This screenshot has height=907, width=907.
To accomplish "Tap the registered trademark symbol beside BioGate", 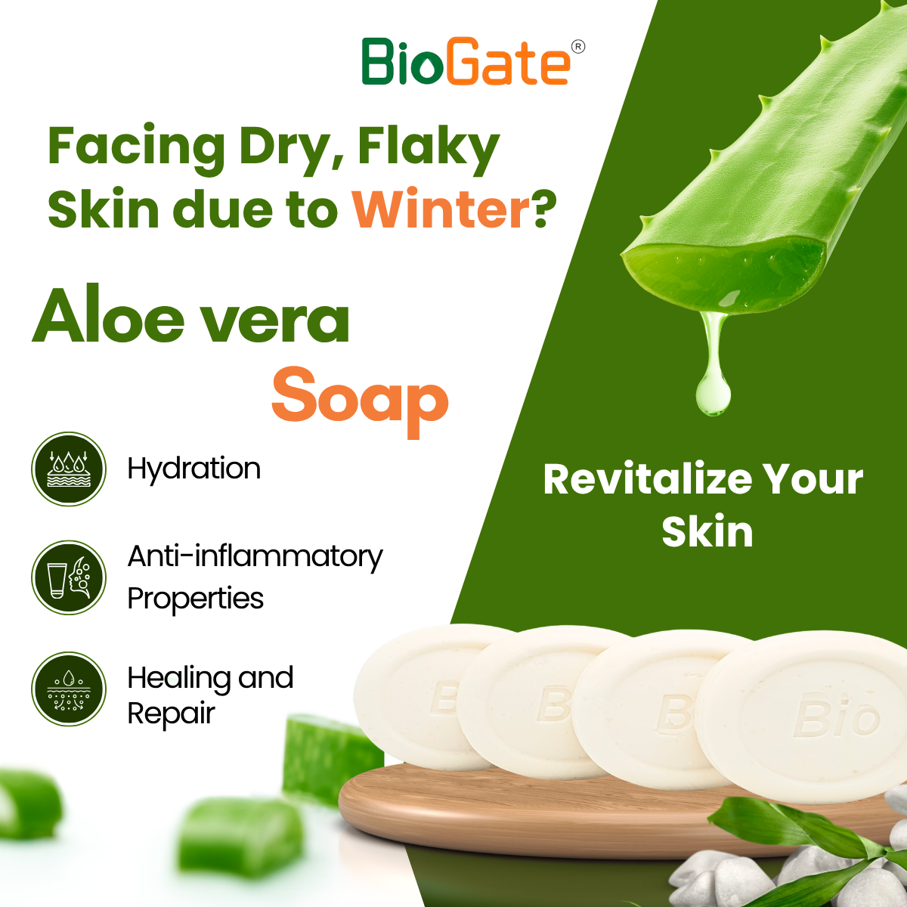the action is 578,47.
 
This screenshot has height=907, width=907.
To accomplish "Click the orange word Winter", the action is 442,208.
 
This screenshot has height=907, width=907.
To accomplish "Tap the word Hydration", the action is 194,469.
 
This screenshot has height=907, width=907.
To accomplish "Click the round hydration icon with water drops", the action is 69,469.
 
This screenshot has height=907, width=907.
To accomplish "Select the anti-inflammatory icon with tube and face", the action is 69,577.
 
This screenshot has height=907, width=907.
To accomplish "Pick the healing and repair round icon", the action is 69,689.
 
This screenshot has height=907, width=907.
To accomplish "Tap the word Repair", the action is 171,715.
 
